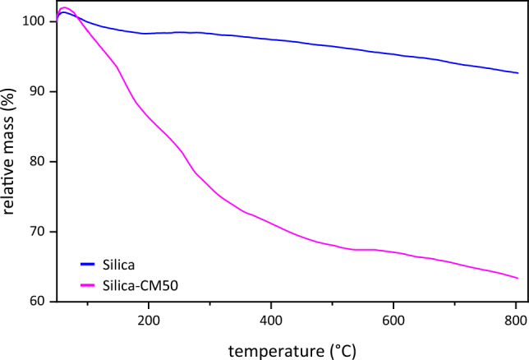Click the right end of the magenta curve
coord(518,279)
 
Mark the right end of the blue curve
coord(518,73)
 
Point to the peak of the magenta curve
coord(64,7)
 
